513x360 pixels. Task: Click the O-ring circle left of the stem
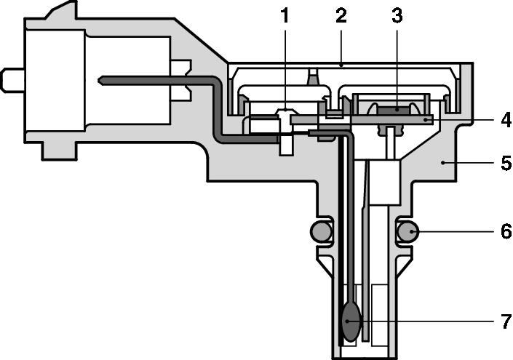click(x=320, y=232)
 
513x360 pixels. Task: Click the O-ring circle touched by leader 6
click(x=408, y=232)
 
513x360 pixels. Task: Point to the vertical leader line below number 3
click(x=397, y=65)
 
